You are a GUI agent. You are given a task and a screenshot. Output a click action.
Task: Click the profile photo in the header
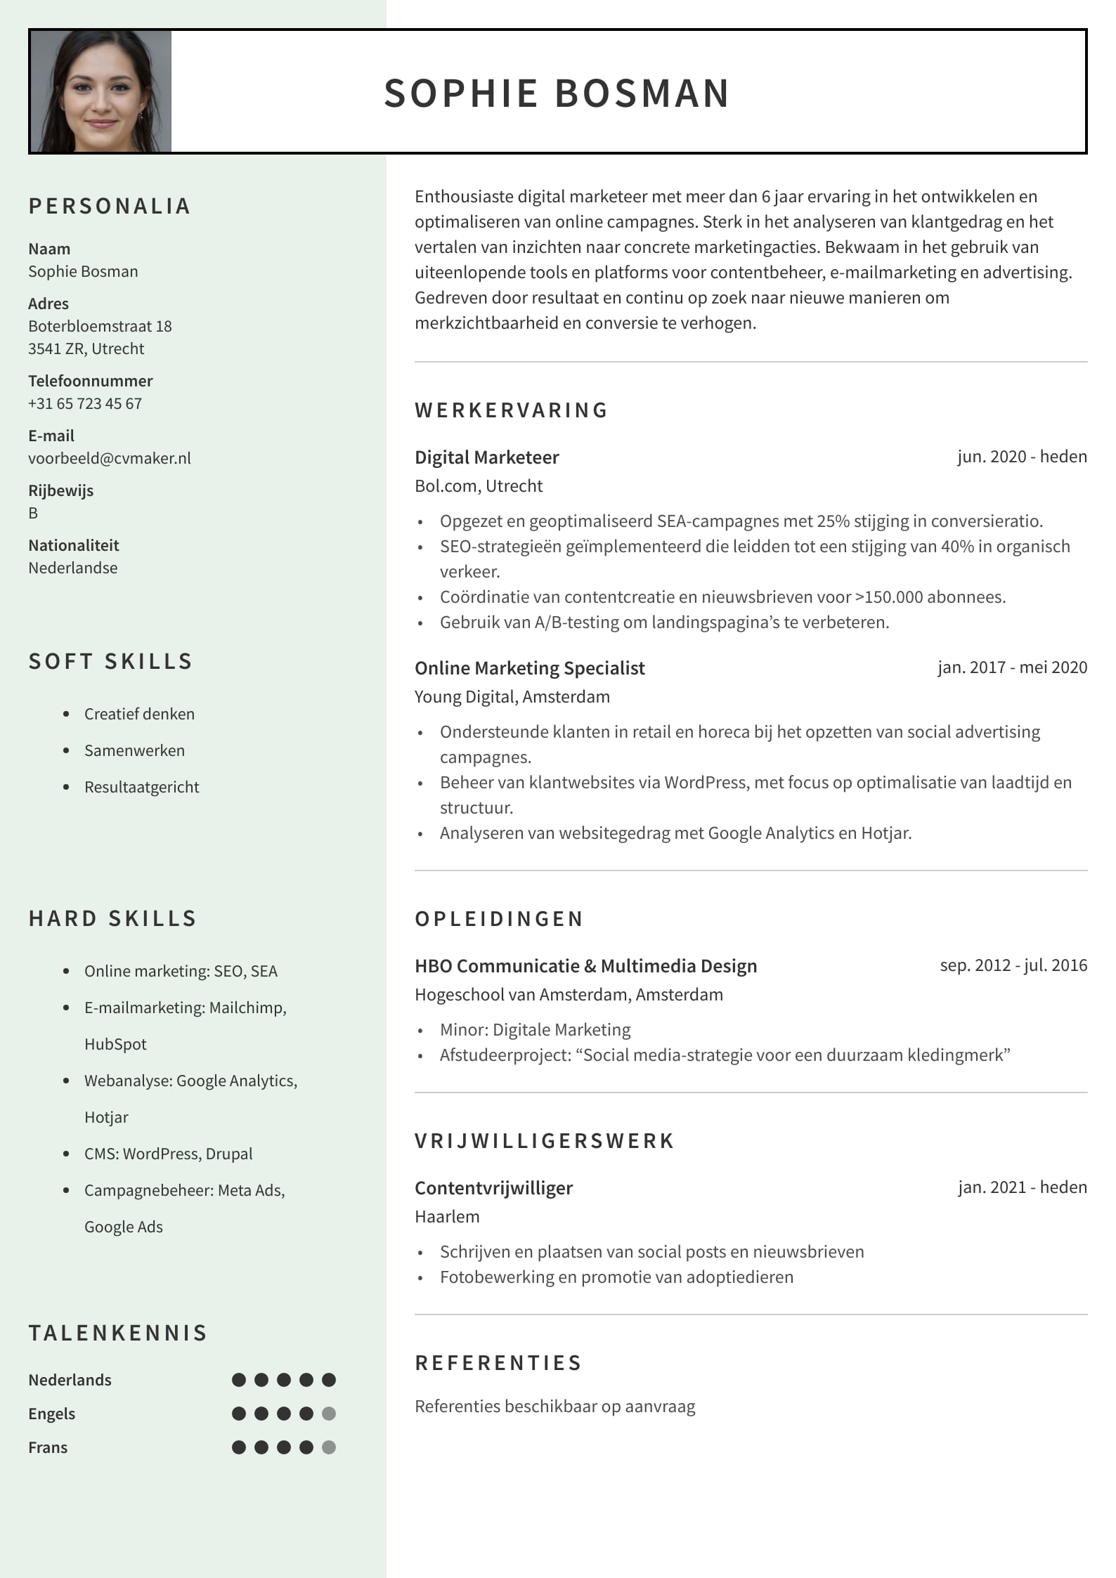(101, 91)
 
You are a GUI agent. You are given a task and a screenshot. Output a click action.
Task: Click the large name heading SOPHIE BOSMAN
(557, 93)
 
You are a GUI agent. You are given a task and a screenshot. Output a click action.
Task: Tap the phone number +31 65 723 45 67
(85, 403)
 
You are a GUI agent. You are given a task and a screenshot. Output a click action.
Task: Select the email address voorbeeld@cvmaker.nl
(110, 458)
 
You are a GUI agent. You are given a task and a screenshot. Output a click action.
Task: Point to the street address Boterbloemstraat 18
(100, 326)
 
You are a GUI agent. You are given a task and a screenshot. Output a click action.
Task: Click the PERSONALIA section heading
(110, 206)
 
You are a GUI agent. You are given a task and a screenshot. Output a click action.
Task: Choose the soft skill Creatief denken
(139, 714)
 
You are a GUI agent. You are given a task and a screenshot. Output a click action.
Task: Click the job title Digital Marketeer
(486, 457)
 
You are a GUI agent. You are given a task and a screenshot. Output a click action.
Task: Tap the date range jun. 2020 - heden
(1022, 457)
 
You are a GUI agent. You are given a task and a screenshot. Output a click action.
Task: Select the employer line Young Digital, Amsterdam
(512, 696)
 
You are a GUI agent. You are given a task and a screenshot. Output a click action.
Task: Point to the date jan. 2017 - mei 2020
(1012, 667)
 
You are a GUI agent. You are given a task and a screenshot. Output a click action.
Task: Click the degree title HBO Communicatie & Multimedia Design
(585, 966)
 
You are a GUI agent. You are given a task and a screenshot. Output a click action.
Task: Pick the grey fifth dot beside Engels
(329, 1414)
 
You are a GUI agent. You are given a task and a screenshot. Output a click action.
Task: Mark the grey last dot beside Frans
(329, 1447)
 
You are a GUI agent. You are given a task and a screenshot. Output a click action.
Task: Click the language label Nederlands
(70, 1380)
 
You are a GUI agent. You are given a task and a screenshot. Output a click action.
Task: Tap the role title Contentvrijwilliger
(493, 1188)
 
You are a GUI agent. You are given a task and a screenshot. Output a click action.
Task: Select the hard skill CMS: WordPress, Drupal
(168, 1154)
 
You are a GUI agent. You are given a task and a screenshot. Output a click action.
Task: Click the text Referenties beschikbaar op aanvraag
(554, 1407)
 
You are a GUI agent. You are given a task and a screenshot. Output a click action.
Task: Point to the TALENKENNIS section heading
(118, 1333)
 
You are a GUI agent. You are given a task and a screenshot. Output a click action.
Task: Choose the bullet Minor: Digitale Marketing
(535, 1029)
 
